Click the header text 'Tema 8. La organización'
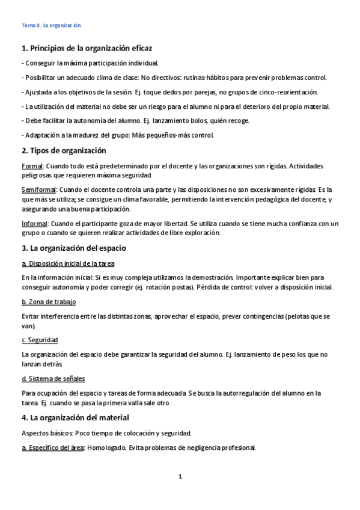(51, 25)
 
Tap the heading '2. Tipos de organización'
(63, 150)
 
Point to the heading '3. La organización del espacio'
(73, 247)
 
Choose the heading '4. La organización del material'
(75, 417)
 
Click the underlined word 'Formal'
(31, 165)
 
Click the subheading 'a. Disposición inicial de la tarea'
(67, 263)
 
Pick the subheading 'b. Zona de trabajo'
(48, 301)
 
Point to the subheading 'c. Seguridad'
(39, 340)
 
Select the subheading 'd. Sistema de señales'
(53, 378)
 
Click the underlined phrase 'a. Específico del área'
(52, 447)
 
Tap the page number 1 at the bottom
(180, 476)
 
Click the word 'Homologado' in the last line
(108, 447)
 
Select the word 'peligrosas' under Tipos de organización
(37, 175)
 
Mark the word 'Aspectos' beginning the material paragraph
(35, 432)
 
